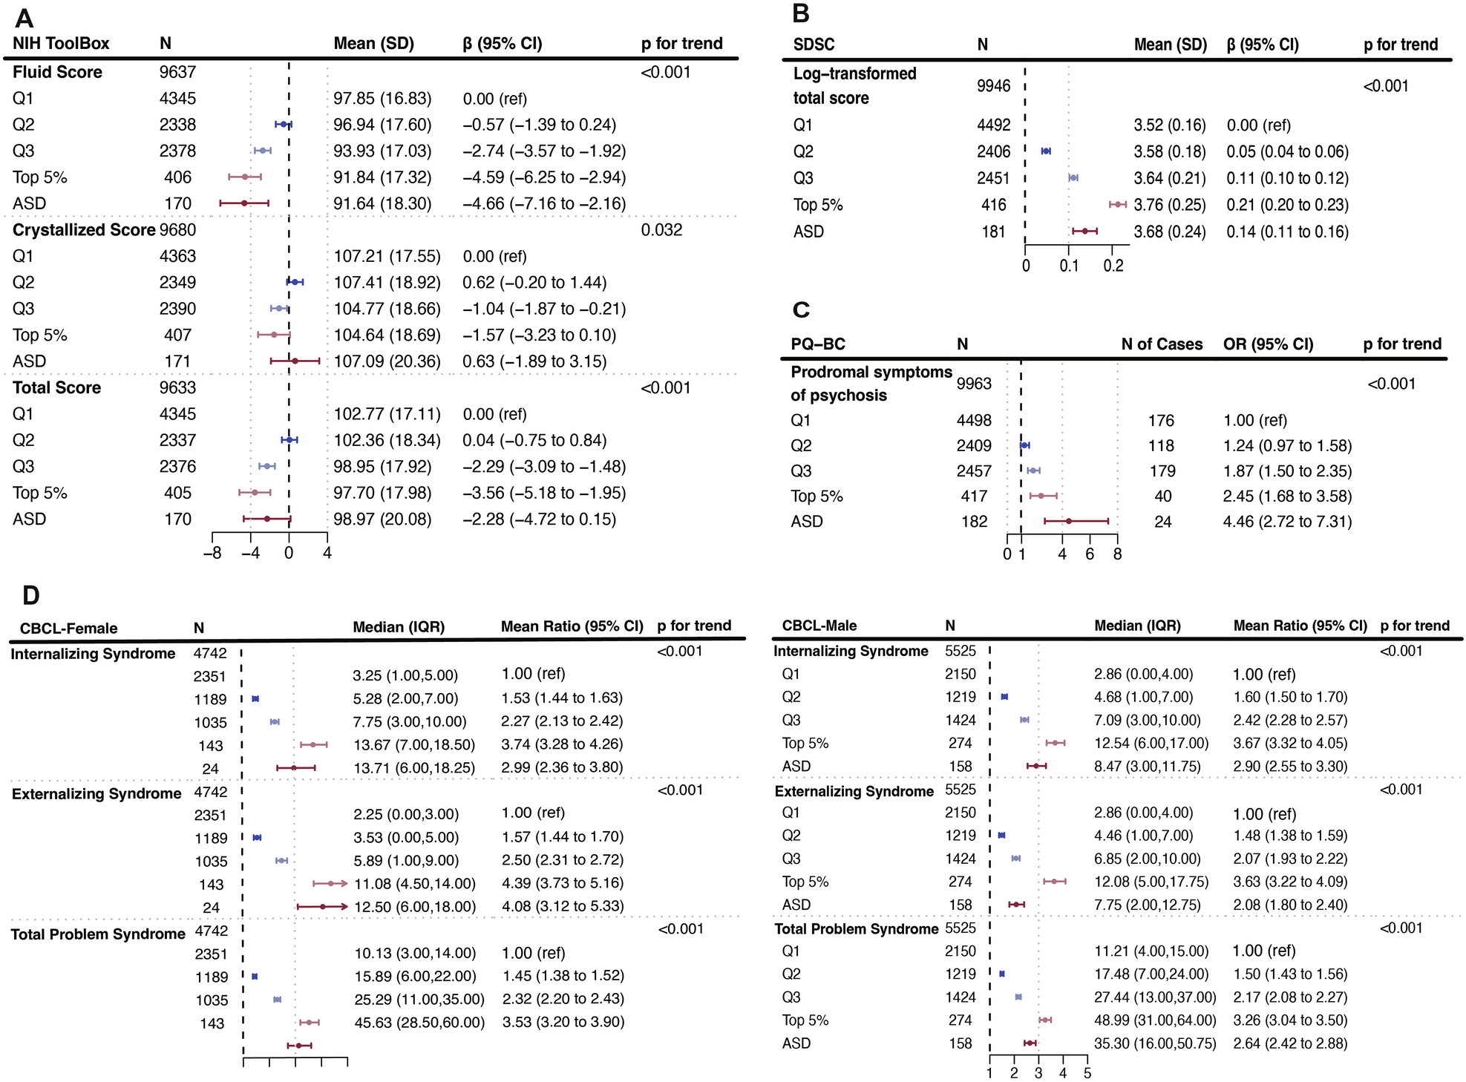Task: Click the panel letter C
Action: coord(801,309)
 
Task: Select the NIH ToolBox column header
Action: coord(61,44)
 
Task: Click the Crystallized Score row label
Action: coord(84,230)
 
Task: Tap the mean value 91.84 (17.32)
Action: coord(382,177)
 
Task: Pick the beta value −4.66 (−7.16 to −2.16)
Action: coord(544,203)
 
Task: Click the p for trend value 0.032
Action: coord(661,230)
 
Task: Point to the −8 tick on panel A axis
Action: coord(213,553)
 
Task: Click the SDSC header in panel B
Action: coord(814,45)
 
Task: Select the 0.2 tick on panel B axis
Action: coord(1113,266)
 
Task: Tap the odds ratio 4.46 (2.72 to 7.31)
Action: coord(1287,522)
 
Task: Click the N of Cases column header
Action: coord(1162,344)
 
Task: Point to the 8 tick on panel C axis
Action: coord(1117,554)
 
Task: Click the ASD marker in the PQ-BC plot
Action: coord(1069,522)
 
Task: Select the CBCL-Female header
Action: coord(68,629)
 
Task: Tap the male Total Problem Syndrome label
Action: coord(856,929)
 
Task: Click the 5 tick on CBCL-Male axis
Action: coord(1087,1073)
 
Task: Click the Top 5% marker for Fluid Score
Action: coord(245,177)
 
